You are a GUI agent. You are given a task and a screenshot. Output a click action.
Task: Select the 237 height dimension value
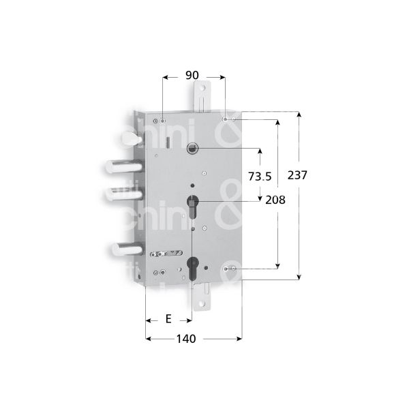(298, 175)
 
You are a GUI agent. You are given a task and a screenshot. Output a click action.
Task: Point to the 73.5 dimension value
(260, 176)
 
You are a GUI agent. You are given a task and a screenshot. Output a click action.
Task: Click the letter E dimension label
(168, 319)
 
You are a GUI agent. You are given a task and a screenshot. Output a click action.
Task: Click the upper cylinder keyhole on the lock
(194, 204)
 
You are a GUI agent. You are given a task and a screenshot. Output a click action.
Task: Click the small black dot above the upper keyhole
(194, 185)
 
